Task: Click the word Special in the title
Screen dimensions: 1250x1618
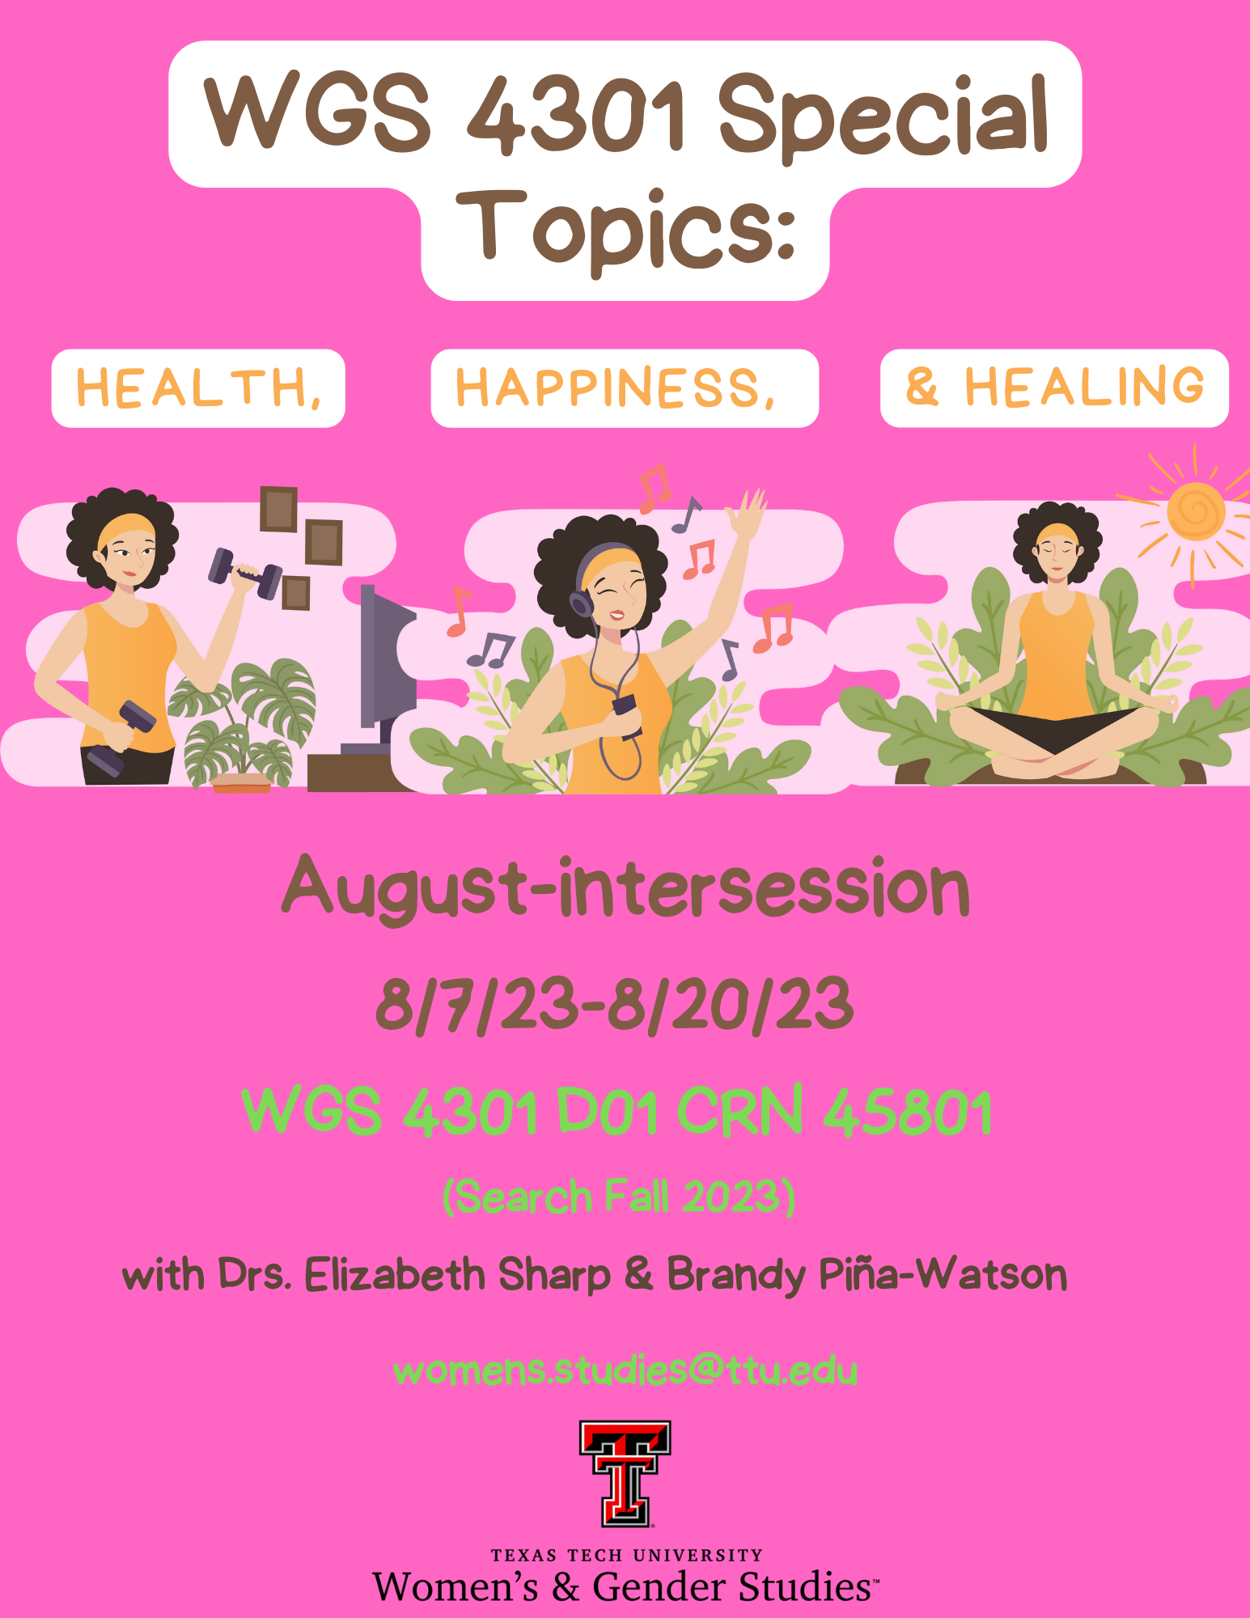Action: point(883,117)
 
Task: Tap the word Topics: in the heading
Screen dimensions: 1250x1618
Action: point(626,231)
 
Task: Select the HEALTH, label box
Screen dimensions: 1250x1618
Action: point(198,388)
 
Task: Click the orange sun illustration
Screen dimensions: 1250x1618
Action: point(1196,511)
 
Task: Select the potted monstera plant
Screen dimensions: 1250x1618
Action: point(240,725)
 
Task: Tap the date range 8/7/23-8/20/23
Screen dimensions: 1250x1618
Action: point(615,1005)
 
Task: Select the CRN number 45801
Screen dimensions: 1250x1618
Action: point(907,1112)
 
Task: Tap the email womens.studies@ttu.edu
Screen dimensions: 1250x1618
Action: point(625,1370)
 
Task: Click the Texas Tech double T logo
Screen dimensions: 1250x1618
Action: point(625,1474)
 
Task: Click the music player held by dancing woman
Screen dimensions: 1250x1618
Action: point(625,707)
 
